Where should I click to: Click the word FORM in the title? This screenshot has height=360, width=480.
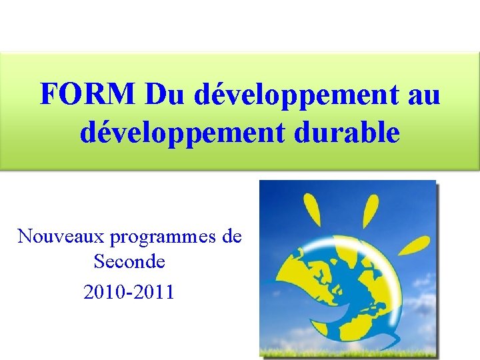87,95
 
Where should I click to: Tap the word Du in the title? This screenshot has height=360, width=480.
163,95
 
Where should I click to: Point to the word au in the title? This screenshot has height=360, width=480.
423,95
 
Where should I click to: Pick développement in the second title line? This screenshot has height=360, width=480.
179,133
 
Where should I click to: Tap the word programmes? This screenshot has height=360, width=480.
163,237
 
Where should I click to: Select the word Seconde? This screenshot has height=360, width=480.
129,262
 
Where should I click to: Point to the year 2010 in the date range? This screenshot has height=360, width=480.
105,291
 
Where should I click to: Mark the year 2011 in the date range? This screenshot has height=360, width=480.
155,291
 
